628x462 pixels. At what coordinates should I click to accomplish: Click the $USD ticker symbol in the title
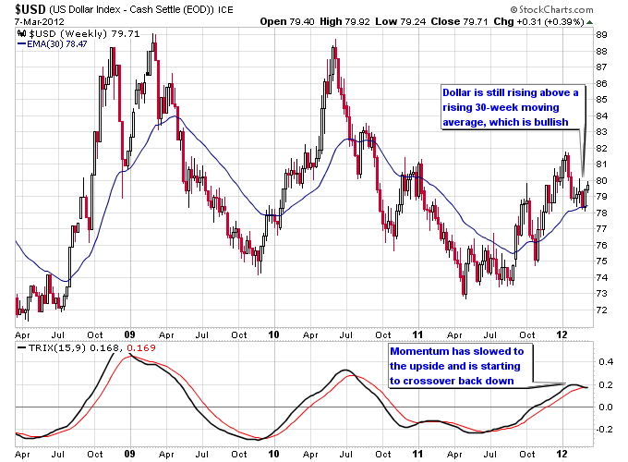(x=25, y=9)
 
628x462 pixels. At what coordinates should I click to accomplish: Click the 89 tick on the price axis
(x=601, y=34)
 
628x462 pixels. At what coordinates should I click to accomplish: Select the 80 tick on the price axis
(x=601, y=180)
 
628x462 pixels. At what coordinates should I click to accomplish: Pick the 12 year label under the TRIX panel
(x=561, y=456)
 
